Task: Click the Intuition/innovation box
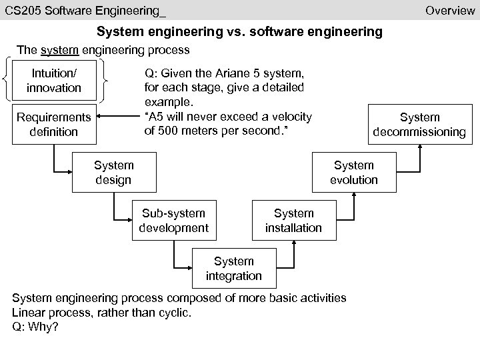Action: pos(54,80)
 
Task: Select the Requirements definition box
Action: pos(54,124)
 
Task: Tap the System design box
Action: pos(114,172)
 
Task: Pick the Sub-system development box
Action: pos(173,220)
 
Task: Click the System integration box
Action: pos(233,268)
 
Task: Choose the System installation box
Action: pos(293,220)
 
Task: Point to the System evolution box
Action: pos(354,172)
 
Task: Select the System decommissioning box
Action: pos(419,124)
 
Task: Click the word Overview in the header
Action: pos(450,10)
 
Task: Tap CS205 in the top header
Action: pos(21,10)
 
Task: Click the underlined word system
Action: pos(55,50)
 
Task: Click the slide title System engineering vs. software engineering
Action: pos(239,31)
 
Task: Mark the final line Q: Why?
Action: pos(35,327)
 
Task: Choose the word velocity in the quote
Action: pos(290,117)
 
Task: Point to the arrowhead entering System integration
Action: pos(189,268)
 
